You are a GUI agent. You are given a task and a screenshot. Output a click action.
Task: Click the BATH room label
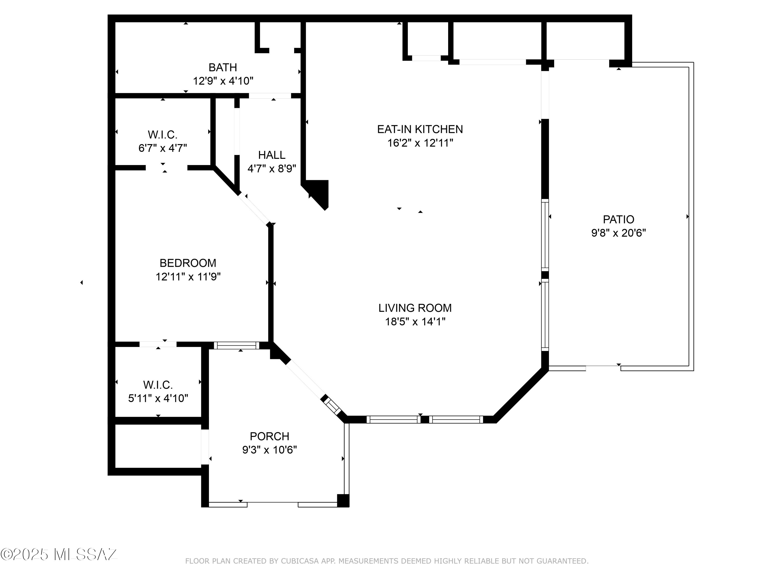[x=223, y=67]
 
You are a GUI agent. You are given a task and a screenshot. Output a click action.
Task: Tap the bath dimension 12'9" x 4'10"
[x=223, y=81]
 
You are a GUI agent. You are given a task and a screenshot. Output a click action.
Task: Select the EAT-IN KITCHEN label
[x=420, y=129]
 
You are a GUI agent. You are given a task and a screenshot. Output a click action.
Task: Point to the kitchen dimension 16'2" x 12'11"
[x=420, y=143]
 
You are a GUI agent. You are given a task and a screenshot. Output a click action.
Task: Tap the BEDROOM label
[x=188, y=263]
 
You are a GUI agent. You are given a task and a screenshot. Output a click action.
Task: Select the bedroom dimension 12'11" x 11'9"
[x=188, y=277]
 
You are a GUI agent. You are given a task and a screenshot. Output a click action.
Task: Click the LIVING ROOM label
[x=415, y=308]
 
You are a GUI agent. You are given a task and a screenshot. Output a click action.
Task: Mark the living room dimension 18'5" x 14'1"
[x=415, y=321]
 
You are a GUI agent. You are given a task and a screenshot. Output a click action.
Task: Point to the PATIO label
[x=618, y=219]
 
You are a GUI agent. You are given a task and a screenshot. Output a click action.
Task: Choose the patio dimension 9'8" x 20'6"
[x=618, y=233]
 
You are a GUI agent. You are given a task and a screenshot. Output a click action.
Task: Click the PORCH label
[x=269, y=436]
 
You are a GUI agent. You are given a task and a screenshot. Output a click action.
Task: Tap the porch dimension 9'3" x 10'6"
[x=269, y=450]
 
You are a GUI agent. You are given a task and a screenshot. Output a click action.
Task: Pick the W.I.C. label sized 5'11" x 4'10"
[x=158, y=385]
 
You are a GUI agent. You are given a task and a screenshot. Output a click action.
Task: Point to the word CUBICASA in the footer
[x=300, y=561]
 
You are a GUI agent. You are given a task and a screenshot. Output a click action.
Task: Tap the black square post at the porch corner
[x=343, y=500]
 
